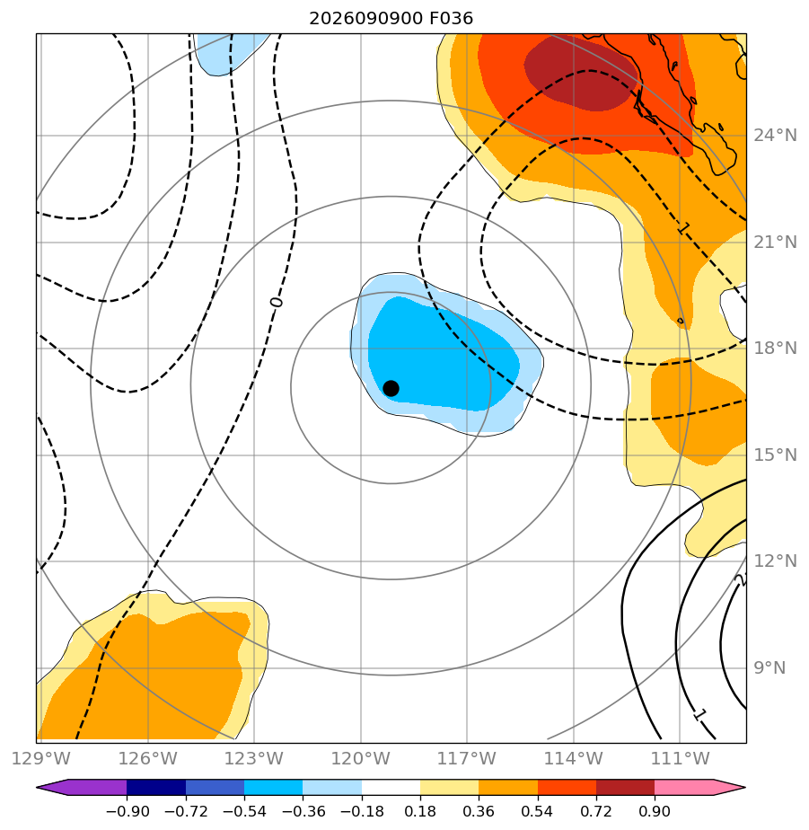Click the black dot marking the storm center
tap(391, 389)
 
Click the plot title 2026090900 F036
tap(391, 19)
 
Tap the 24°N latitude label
tap(775, 136)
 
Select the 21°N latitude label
tap(775, 242)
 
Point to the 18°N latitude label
tap(775, 348)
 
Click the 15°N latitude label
tap(775, 455)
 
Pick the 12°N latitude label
tap(775, 561)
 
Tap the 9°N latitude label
tap(769, 668)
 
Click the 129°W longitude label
tap(40, 758)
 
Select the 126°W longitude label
tap(147, 758)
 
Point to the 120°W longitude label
tap(361, 758)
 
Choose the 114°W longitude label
tap(574, 758)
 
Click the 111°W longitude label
tap(680, 758)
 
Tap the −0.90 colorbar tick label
tap(128, 811)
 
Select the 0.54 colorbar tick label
tap(537, 811)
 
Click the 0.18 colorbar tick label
tap(420, 811)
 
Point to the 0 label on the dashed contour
tap(277, 302)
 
